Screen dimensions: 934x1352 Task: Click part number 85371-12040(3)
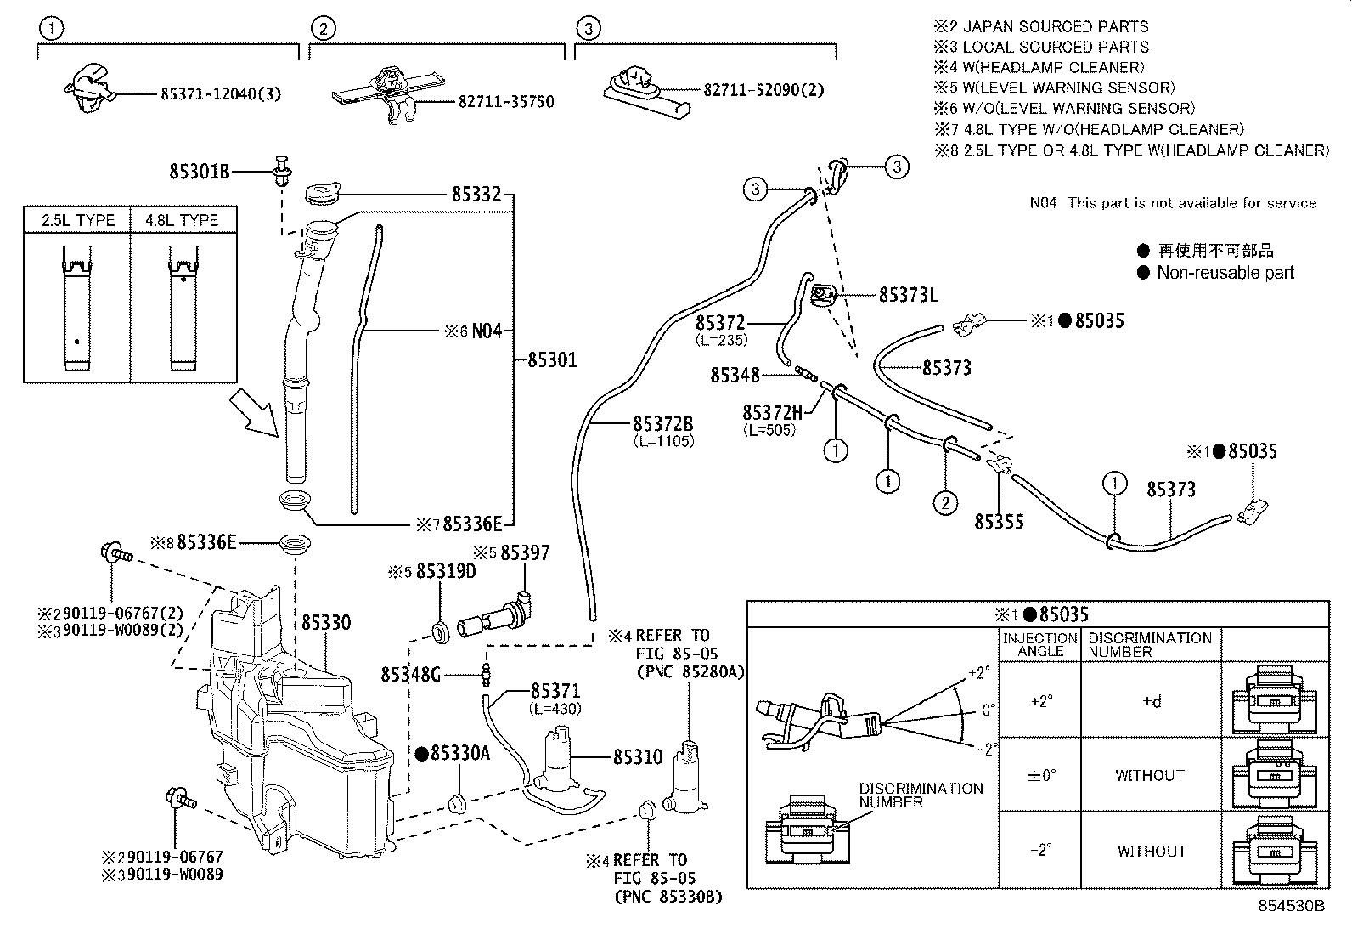coord(220,93)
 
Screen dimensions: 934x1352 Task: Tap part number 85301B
coord(199,172)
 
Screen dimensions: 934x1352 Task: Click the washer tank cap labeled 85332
coord(321,191)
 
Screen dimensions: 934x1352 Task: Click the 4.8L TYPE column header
coord(182,220)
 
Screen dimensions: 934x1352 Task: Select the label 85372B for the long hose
coord(662,424)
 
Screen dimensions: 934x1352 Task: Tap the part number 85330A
coord(459,753)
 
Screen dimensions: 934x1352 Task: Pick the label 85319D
coord(446,572)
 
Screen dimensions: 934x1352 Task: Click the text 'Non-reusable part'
coord(1225,273)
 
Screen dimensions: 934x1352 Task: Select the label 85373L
coord(907,295)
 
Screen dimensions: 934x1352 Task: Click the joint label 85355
coord(999,522)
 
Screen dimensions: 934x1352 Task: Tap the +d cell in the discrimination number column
coord(1151,702)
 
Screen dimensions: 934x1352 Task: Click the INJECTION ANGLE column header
coord(1039,644)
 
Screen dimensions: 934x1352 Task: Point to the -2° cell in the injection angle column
coord(1040,850)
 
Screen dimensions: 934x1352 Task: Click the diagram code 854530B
coord(1290,906)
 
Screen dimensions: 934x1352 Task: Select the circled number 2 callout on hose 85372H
coord(945,502)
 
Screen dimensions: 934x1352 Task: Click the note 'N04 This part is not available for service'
coord(1172,203)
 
